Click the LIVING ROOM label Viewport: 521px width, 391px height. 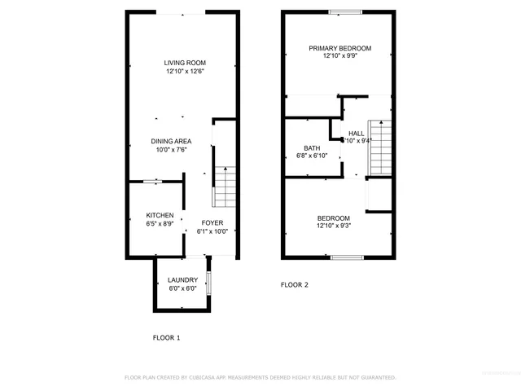coord(184,63)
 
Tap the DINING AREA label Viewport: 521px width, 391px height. coord(171,141)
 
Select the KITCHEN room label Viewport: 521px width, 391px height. coord(160,215)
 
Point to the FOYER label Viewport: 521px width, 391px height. coord(212,222)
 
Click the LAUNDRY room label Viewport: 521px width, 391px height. coord(182,280)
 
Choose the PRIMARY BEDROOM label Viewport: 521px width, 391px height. coord(339,48)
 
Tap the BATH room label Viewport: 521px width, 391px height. coord(312,147)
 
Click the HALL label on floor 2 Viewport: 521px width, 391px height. coord(357,133)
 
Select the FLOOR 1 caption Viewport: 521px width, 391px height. coord(167,337)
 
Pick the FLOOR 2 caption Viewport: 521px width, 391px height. coord(295,285)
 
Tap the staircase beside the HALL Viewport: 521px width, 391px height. coord(380,147)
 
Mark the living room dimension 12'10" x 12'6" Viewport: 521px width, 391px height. coord(184,72)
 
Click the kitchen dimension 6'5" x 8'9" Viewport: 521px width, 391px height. coord(160,223)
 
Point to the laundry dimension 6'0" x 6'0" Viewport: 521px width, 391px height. coord(182,288)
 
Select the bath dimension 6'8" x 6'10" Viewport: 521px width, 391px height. coord(312,156)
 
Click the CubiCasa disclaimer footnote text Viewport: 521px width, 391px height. coord(260,378)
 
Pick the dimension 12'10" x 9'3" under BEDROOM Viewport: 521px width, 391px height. coord(334,226)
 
